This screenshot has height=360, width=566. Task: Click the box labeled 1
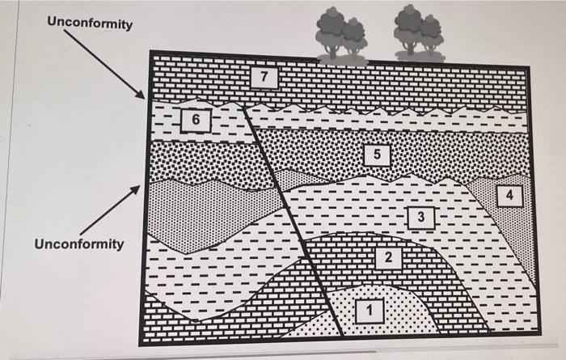pos(370,310)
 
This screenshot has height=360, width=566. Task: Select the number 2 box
pos(387,256)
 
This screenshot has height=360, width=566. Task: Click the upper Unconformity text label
pos(91,23)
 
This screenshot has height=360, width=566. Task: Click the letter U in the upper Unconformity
pos(53,23)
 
